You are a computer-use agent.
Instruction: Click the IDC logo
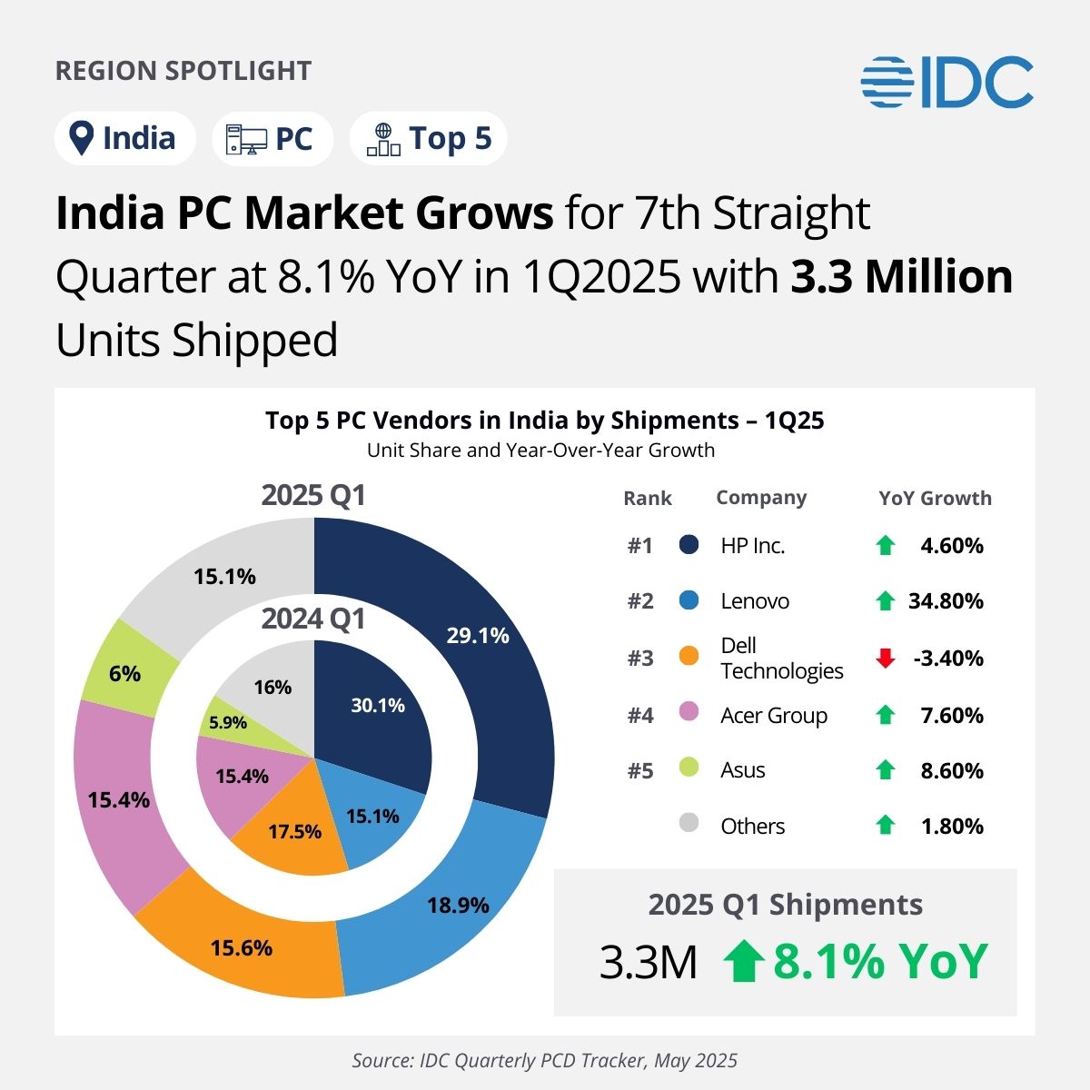tap(946, 82)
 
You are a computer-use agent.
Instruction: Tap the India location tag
tap(124, 139)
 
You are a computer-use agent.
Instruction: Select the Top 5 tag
tap(428, 139)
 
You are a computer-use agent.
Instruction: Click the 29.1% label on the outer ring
tap(478, 635)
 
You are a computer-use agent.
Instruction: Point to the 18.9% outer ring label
tap(458, 905)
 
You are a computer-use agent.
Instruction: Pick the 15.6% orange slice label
tap(242, 947)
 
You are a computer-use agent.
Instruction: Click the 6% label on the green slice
tap(124, 673)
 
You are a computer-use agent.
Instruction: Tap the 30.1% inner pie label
tap(378, 705)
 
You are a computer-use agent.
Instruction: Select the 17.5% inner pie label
tap(295, 831)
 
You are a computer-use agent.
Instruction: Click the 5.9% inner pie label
tap(227, 722)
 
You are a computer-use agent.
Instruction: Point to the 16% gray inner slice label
tap(272, 687)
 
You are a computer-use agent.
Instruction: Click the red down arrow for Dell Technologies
tap(886, 659)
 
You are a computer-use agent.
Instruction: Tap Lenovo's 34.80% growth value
tap(946, 601)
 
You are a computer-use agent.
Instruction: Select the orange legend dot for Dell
tap(689, 656)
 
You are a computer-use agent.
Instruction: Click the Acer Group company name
tap(774, 716)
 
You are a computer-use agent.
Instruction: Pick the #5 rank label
tap(640, 770)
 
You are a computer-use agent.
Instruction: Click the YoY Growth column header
tap(935, 498)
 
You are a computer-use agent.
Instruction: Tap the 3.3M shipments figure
tap(649, 963)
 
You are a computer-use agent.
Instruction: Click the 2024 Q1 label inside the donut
tap(313, 619)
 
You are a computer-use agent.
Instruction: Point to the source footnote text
tap(545, 1060)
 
